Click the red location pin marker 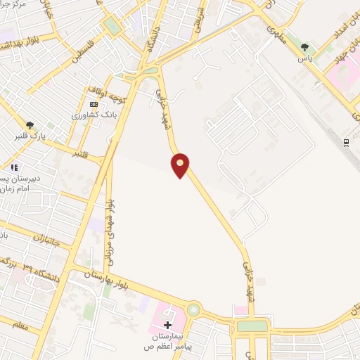(181, 165)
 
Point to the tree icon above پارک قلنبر (30, 124)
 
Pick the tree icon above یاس (304, 48)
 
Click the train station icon (347, 143)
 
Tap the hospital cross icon (167, 325)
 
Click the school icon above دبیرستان (13, 167)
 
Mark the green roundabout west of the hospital (193, 309)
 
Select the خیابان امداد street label (335, 29)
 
